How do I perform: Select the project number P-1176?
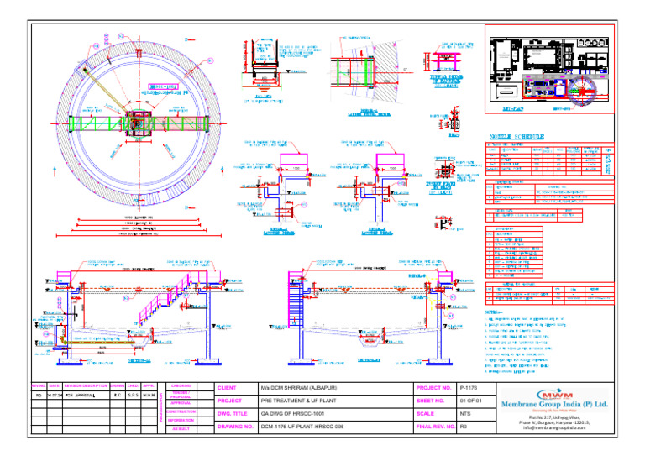[x=469, y=388]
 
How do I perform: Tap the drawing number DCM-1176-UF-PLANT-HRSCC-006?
[x=306, y=427]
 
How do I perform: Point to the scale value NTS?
[x=464, y=414]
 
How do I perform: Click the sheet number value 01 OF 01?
[x=470, y=401]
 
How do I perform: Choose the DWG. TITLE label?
[x=235, y=414]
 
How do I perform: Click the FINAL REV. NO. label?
[x=435, y=427]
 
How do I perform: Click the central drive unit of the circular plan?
[x=136, y=124]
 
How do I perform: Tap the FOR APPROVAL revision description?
[x=81, y=394]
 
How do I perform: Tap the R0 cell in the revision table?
[x=39, y=394]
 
